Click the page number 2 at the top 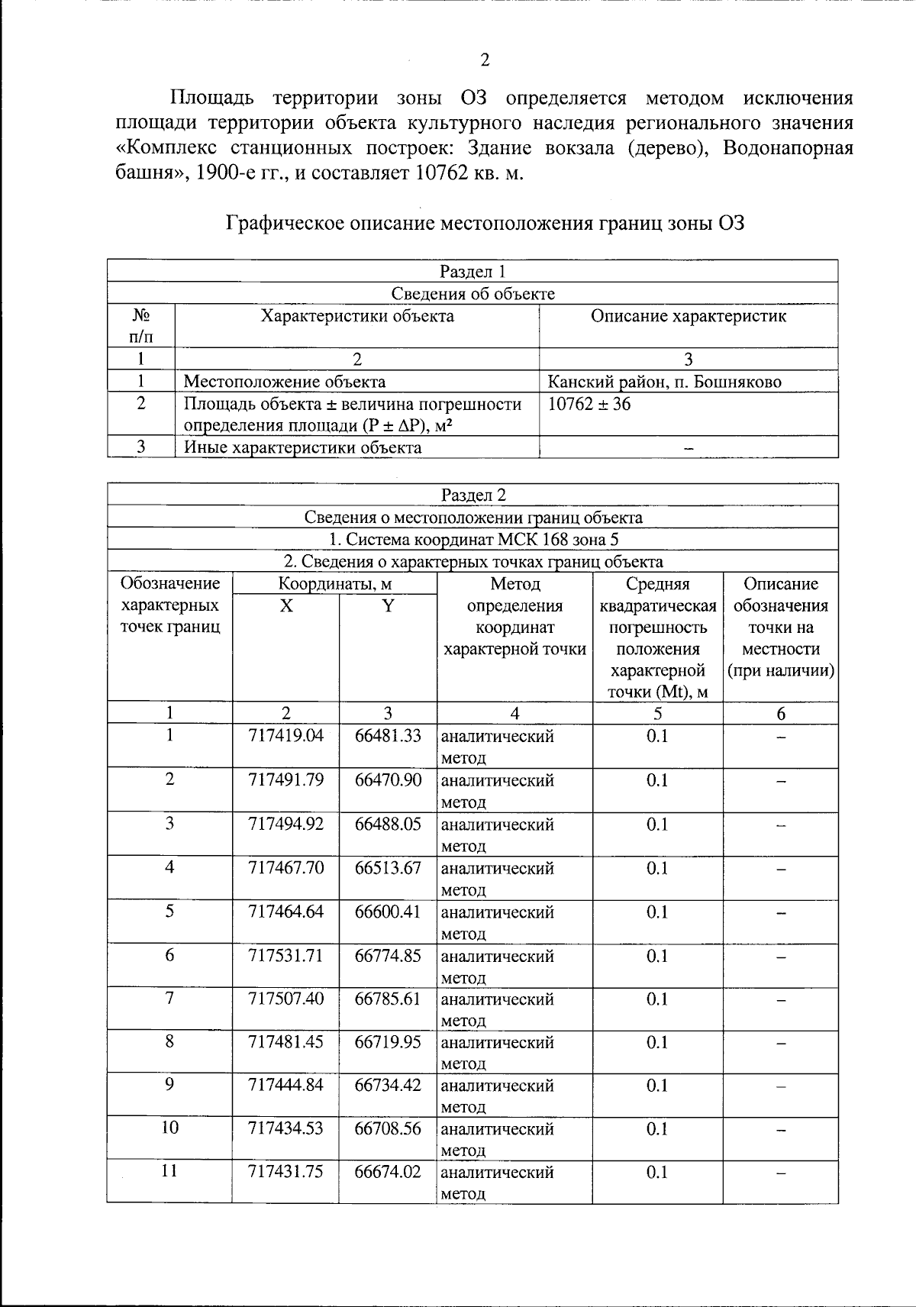pyautogui.click(x=485, y=60)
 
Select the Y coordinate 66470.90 pyautogui.click(x=388, y=779)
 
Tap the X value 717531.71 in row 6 pyautogui.click(x=285, y=955)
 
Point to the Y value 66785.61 pyautogui.click(x=388, y=999)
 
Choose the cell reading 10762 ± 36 pyautogui.click(x=589, y=404)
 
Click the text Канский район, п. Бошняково pyautogui.click(x=665, y=382)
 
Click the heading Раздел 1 pyautogui.click(x=473, y=272)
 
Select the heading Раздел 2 pyautogui.click(x=473, y=495)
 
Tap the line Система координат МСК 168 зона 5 pyautogui.click(x=473, y=540)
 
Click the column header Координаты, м pyautogui.click(x=334, y=585)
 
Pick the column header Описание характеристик pyautogui.click(x=688, y=316)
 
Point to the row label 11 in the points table pyautogui.click(x=169, y=1171)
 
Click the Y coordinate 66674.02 pyautogui.click(x=388, y=1171)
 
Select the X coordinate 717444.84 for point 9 pyautogui.click(x=285, y=1085)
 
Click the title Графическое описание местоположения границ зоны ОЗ pyautogui.click(x=485, y=224)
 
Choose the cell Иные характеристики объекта pyautogui.click(x=302, y=447)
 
